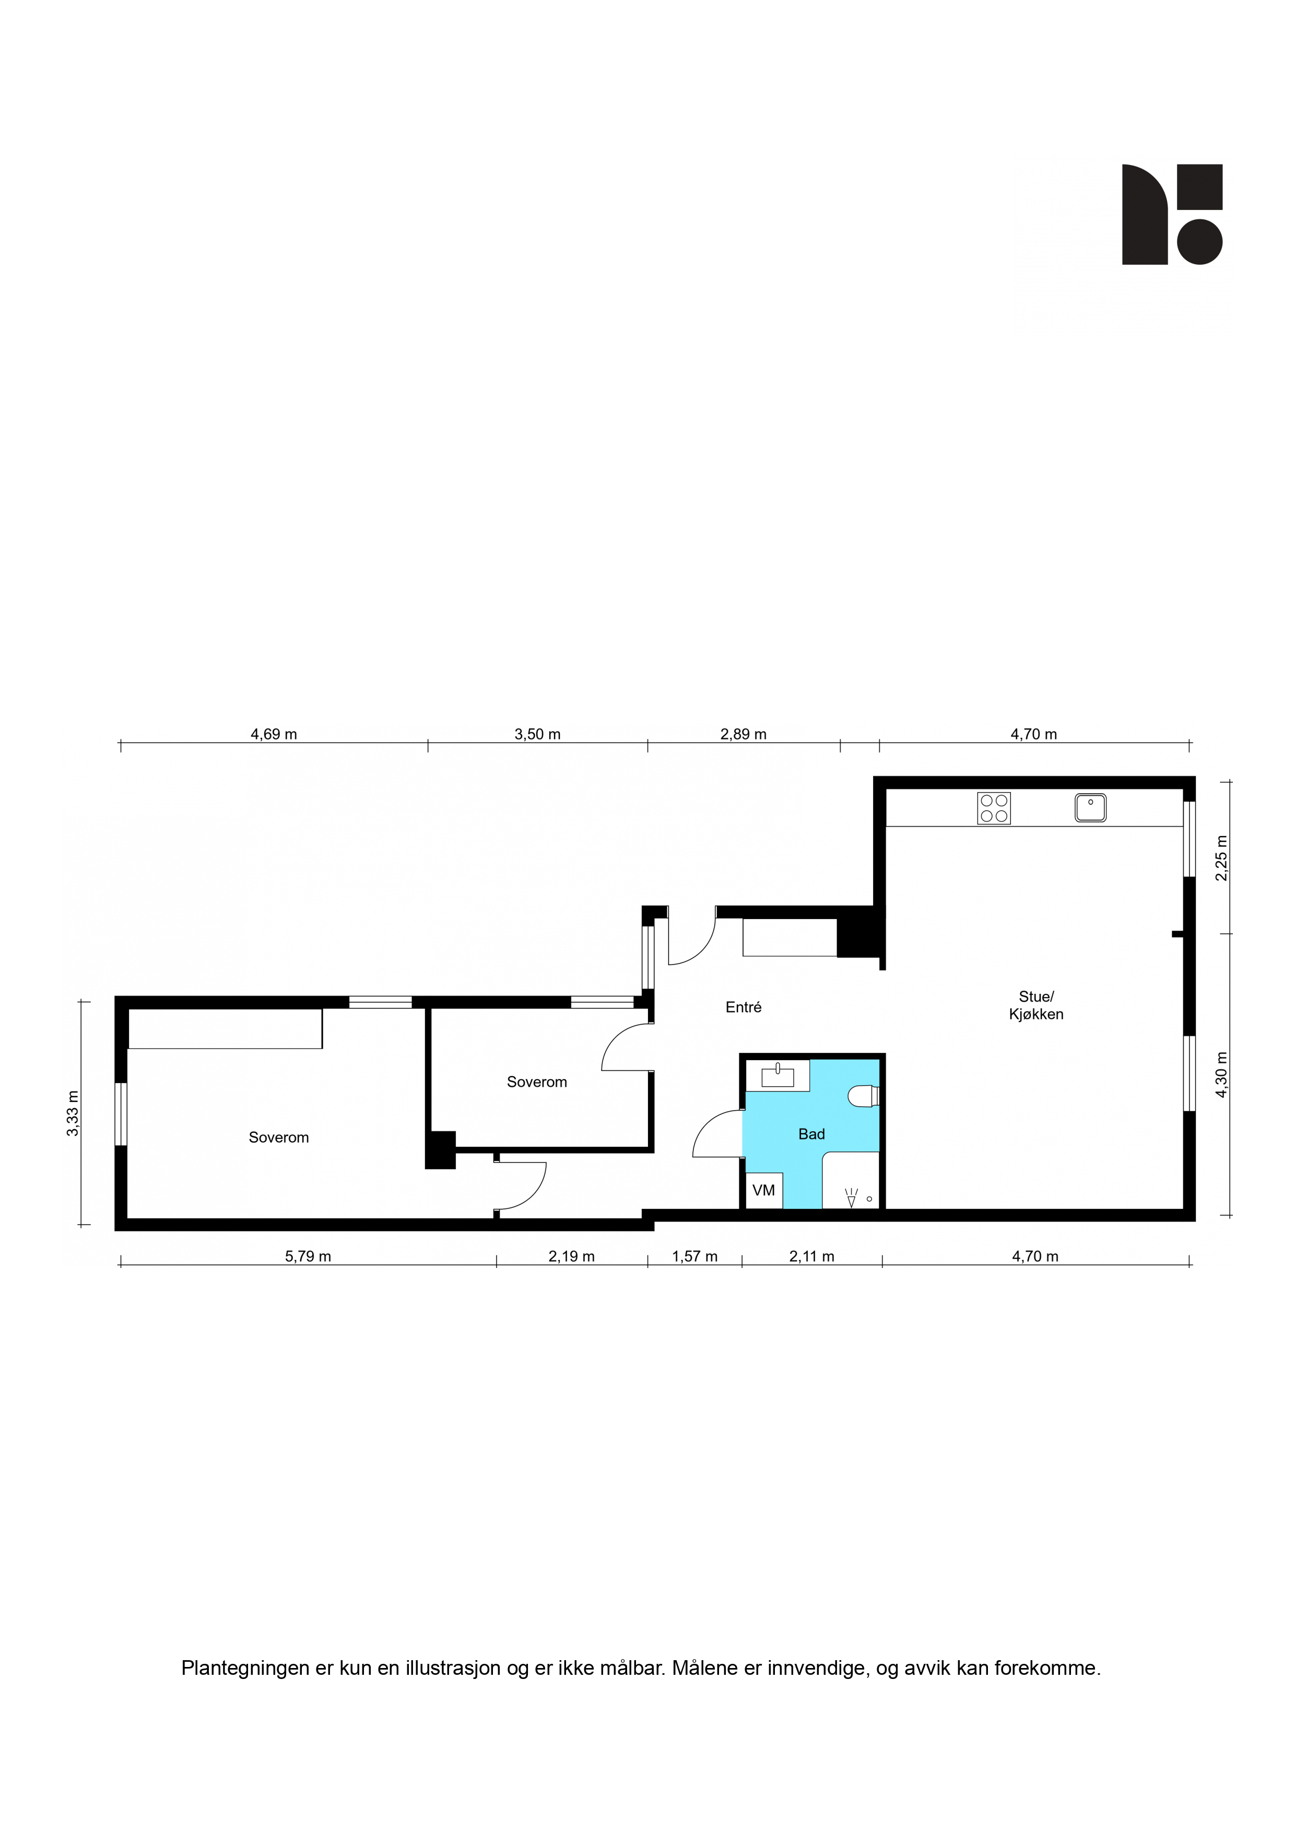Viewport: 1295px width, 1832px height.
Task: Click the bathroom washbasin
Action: pos(778,1076)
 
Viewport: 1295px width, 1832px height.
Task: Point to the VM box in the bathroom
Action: pos(763,1191)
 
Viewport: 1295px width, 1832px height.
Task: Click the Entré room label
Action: pos(743,1007)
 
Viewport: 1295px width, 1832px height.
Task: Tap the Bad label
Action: pos(811,1134)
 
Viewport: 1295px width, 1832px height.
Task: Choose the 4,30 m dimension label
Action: pos(1221,1075)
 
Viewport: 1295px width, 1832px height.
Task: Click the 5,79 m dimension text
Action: pos(308,1256)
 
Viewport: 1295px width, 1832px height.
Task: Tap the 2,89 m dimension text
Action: pos(743,734)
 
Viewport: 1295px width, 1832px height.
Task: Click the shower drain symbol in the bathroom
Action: pos(869,1199)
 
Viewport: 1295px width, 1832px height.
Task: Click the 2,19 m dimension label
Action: pos(571,1256)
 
